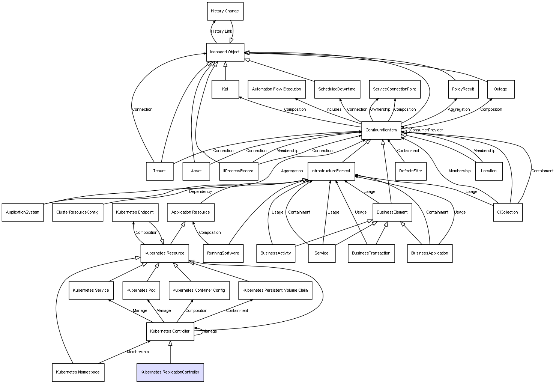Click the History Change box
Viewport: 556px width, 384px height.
(x=225, y=11)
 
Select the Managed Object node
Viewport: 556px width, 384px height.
(x=225, y=52)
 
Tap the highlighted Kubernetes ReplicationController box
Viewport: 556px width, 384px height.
(x=170, y=372)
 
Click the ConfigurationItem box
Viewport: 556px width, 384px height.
(x=381, y=130)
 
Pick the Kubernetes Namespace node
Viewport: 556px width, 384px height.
(x=78, y=372)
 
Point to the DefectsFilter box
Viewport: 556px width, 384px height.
(x=411, y=172)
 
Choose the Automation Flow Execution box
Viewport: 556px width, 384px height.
(x=277, y=89)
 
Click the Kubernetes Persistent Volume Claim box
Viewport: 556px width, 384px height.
(x=275, y=291)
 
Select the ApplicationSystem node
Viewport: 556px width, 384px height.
(x=23, y=212)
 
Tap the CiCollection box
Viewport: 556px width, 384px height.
(x=508, y=212)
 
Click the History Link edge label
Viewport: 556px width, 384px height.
(x=221, y=31)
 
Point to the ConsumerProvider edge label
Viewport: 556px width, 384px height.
(x=427, y=130)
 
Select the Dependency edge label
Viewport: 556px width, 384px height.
(x=201, y=192)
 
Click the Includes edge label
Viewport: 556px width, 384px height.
(x=334, y=110)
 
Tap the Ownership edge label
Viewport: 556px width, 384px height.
(x=380, y=110)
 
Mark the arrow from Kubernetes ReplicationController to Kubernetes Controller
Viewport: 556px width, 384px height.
(x=170, y=352)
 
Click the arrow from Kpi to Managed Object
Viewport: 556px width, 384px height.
(x=225, y=71)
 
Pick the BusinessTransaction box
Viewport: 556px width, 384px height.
(x=371, y=253)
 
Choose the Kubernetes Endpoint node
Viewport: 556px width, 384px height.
(x=135, y=212)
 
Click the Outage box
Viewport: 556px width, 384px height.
(x=501, y=89)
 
